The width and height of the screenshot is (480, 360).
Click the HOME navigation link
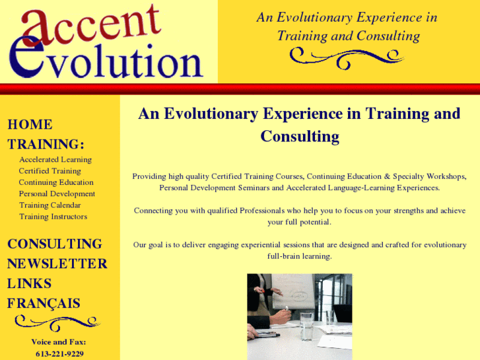tap(30, 124)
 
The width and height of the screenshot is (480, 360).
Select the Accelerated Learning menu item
tap(55, 160)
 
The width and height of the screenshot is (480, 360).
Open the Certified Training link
tap(50, 171)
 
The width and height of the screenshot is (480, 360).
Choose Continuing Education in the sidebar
tap(56, 182)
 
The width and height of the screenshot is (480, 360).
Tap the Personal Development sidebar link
tap(57, 194)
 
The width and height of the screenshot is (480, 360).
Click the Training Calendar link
tap(50, 205)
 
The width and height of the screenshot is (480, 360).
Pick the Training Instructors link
tap(53, 216)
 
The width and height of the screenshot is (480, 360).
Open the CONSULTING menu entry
tap(55, 244)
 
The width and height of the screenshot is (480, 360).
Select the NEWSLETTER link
tap(57, 264)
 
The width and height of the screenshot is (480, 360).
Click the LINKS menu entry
tap(29, 283)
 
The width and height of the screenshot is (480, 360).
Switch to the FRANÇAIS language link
tap(44, 303)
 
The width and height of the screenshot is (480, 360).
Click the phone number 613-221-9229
tap(59, 353)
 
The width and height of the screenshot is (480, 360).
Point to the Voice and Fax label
tap(59, 342)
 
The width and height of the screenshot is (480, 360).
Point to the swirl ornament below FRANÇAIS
tap(57, 322)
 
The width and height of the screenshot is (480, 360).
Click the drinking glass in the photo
tap(306, 326)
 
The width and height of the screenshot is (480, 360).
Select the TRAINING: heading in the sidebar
tap(46, 144)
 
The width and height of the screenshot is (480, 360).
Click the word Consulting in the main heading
tap(300, 137)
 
